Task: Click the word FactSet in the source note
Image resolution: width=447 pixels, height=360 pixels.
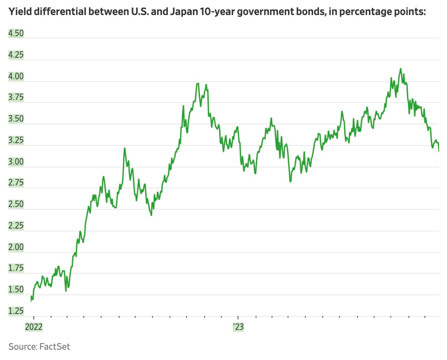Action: (54, 347)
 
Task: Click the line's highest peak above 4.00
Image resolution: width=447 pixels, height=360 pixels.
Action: (400, 69)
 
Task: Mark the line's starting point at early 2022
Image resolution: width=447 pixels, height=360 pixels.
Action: (31, 301)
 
